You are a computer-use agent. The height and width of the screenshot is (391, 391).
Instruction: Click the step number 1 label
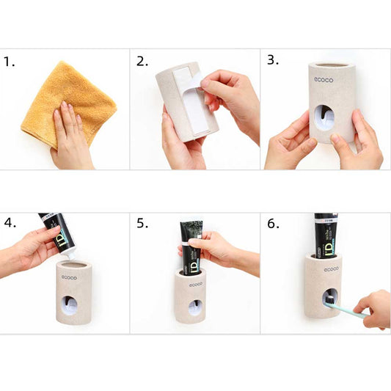(9, 62)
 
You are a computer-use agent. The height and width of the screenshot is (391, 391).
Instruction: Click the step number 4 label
(10, 222)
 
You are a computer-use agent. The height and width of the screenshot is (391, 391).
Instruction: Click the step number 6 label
(273, 223)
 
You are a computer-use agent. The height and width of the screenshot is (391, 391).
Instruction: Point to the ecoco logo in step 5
(196, 285)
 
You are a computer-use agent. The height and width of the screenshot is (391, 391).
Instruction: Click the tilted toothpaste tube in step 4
(57, 233)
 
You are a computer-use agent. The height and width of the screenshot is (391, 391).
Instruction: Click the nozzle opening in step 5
(195, 307)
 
